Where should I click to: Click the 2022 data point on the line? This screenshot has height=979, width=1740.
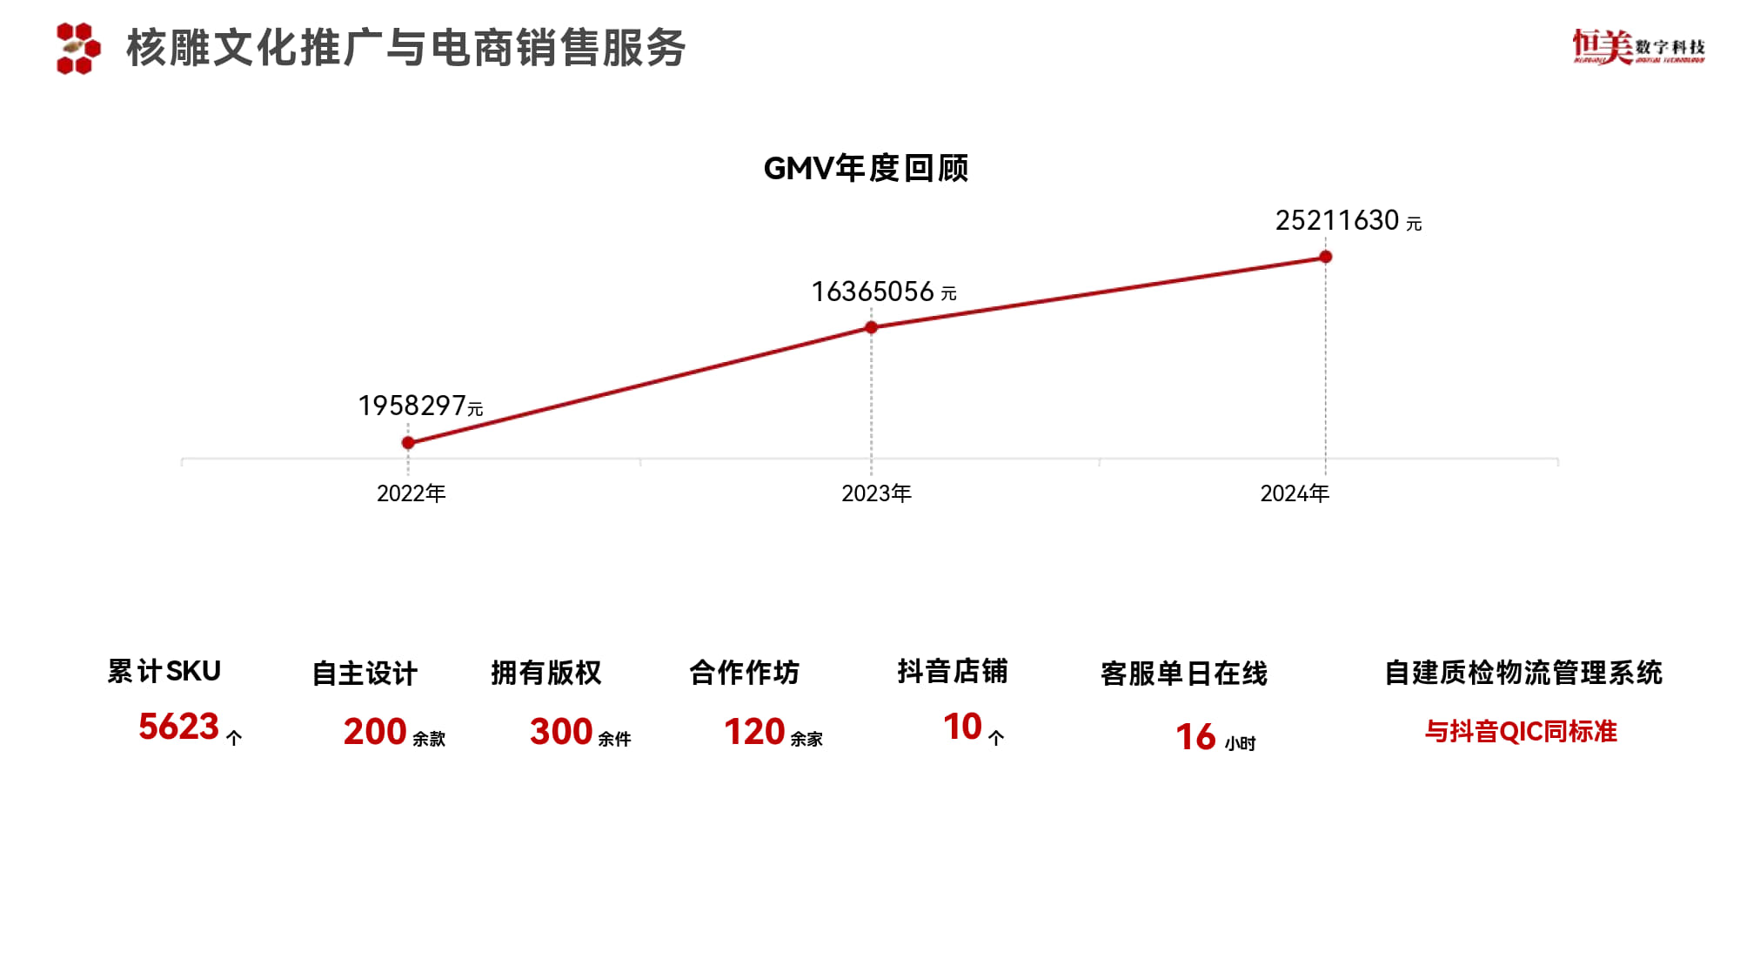(408, 443)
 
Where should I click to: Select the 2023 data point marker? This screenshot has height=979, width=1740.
(871, 327)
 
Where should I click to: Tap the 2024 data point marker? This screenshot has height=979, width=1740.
(1325, 257)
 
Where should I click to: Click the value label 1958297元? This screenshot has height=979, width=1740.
(420, 406)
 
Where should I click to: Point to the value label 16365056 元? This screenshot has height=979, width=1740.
(883, 292)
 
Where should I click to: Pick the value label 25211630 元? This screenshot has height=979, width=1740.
(1348, 221)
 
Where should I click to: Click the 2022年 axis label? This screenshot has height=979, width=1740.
(411, 493)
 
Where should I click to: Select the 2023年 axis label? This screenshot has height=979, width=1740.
(876, 493)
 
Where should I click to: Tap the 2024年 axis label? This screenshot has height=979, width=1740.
(1295, 493)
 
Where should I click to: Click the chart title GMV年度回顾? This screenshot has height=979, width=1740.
(866, 168)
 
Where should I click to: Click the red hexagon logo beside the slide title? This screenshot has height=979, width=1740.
(78, 48)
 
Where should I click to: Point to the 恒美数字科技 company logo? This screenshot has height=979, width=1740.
(1638, 47)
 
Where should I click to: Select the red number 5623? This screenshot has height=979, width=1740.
(178, 727)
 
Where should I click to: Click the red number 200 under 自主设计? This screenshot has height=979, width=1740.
(375, 732)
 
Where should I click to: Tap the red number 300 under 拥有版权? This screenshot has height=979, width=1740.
(561, 732)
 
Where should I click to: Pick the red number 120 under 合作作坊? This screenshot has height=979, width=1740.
(754, 732)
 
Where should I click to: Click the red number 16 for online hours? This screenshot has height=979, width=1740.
(1195, 737)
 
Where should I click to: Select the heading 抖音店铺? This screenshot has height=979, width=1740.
(953, 672)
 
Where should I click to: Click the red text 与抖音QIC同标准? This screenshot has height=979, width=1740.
(1521, 732)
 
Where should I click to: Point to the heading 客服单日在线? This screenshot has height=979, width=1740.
(1184, 674)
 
